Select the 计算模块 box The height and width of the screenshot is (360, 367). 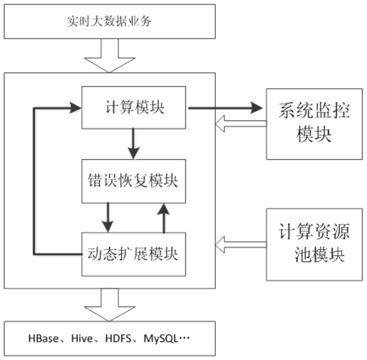(x=134, y=108)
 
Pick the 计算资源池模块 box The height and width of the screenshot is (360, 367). (x=313, y=245)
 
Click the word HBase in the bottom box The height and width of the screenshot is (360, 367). (x=43, y=340)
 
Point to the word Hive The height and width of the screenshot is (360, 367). (x=81, y=340)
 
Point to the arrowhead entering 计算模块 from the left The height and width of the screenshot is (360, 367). (x=74, y=108)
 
